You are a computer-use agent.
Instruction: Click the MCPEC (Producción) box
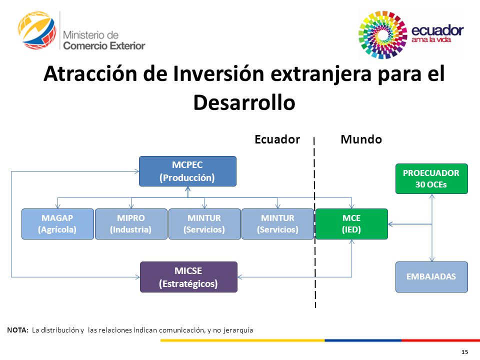tap(187, 171)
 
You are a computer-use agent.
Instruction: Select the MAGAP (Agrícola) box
tap(57, 224)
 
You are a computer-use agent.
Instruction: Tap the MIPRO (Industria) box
tap(131, 224)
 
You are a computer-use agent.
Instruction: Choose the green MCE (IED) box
tap(351, 224)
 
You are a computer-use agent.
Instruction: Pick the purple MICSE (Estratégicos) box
tap(188, 276)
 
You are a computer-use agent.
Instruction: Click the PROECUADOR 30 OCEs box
tap(431, 179)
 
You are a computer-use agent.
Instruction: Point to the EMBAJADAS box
tap(431, 276)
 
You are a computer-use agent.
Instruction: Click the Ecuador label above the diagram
tap(277, 139)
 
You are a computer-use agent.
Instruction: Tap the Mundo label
tap(361, 139)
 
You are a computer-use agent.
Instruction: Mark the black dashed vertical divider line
tap(314, 222)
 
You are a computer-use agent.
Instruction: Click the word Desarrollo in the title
tap(244, 102)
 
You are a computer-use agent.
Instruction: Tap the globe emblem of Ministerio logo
tap(37, 29)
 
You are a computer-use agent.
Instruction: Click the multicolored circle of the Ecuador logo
tap(382, 34)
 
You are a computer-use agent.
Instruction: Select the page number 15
tap(464, 352)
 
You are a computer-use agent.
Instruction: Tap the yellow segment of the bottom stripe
tap(242, 340)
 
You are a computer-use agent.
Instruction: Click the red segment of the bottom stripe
tap(440, 340)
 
